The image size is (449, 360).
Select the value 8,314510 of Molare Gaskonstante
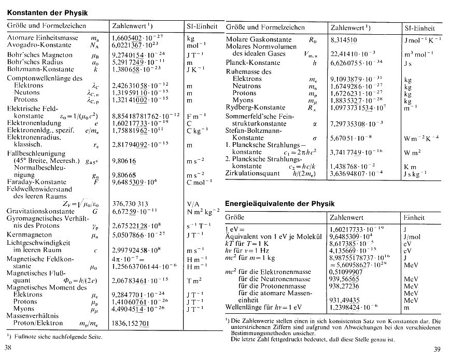coord(343,39)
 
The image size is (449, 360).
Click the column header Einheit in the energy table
coord(414,217)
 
